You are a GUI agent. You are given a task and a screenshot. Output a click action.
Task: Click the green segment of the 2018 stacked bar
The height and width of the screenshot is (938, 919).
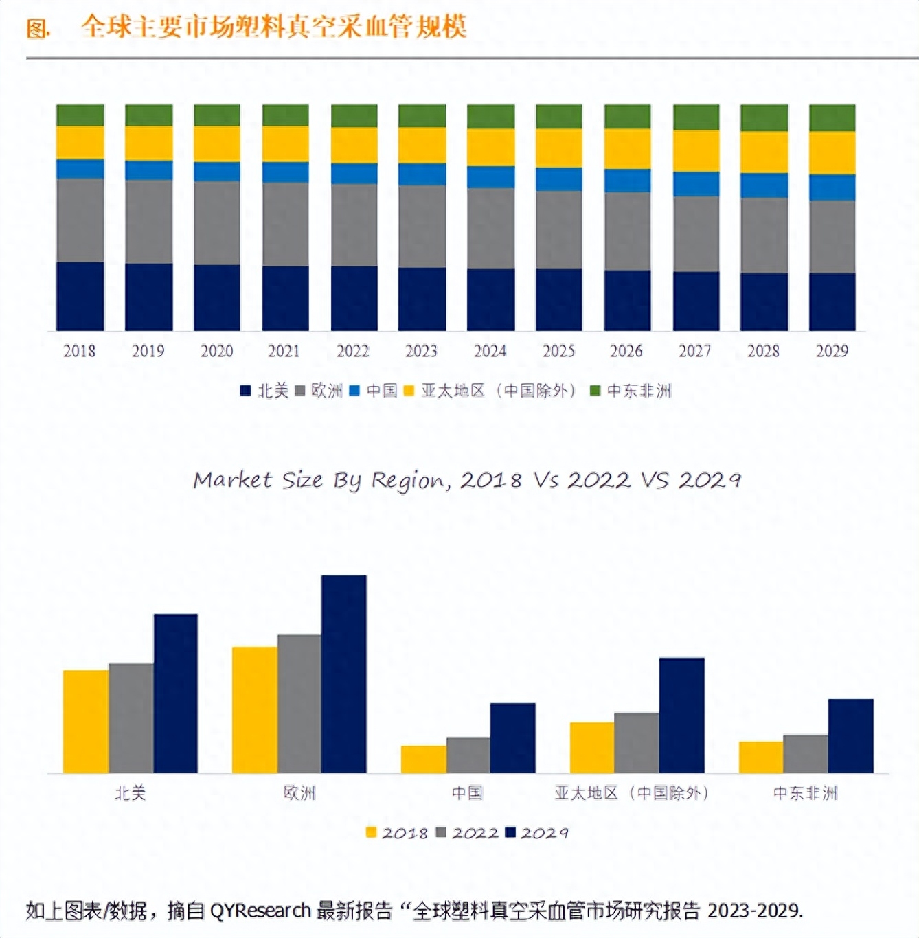click(80, 115)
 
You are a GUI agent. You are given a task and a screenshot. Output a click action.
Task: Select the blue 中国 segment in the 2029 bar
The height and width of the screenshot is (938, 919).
click(832, 187)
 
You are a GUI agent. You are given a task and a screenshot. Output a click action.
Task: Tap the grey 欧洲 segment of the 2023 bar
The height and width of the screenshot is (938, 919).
click(422, 226)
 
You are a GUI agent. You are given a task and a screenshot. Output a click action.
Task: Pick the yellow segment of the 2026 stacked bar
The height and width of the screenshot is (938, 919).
click(627, 149)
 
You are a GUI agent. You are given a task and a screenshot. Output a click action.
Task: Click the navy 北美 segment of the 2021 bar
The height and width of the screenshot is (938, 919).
click(285, 298)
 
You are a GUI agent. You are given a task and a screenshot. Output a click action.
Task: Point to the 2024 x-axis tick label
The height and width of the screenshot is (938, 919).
click(490, 351)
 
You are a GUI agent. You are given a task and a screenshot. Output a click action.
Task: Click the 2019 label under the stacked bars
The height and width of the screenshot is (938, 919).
click(148, 351)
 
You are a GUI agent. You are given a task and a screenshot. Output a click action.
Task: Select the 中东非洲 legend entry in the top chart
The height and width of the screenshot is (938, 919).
click(631, 391)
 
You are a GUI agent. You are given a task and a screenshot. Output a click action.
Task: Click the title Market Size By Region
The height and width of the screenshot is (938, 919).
click(467, 480)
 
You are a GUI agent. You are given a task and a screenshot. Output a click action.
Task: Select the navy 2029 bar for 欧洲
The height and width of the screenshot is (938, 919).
click(343, 674)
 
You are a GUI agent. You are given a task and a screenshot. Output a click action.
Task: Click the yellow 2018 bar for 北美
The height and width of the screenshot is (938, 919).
click(86, 721)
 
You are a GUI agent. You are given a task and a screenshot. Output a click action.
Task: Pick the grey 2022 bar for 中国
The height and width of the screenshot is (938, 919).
click(468, 755)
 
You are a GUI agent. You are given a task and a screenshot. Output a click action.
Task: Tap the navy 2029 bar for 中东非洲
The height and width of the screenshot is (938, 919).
click(850, 735)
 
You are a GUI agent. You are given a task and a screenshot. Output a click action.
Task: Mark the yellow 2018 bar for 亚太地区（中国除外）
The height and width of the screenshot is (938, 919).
click(591, 747)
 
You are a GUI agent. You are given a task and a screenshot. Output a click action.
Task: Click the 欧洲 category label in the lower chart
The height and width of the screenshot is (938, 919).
click(299, 793)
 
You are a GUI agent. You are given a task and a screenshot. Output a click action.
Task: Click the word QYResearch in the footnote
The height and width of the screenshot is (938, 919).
click(260, 911)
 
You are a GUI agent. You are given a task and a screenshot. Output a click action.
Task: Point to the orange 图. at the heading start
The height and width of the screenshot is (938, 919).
click(38, 28)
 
